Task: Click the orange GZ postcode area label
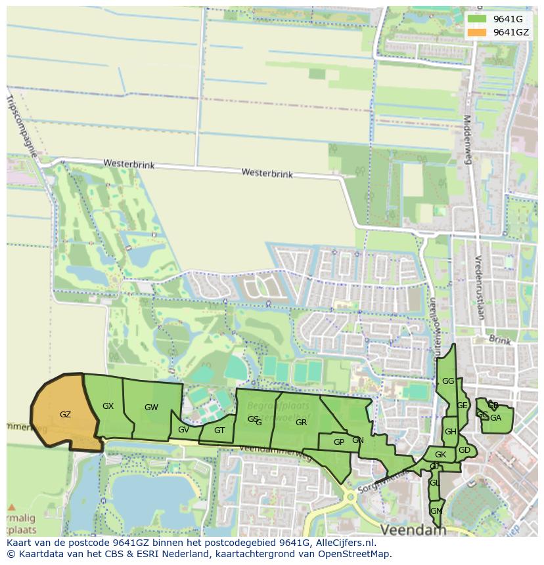coord(65,414)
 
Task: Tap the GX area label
coord(108,406)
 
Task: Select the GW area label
coord(151,408)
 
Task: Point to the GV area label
coord(183,430)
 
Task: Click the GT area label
coord(219,430)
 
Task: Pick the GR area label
coord(301,423)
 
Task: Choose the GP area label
coord(339,442)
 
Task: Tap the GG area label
coord(448,381)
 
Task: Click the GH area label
coord(450,432)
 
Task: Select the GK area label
coord(440,455)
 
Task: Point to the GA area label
coord(495,418)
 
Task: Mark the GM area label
coord(436,511)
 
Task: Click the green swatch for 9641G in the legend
coord(478,19)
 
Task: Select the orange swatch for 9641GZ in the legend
coord(478,32)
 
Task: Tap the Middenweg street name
coord(468,140)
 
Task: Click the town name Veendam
coord(413,530)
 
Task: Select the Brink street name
coord(499,340)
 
